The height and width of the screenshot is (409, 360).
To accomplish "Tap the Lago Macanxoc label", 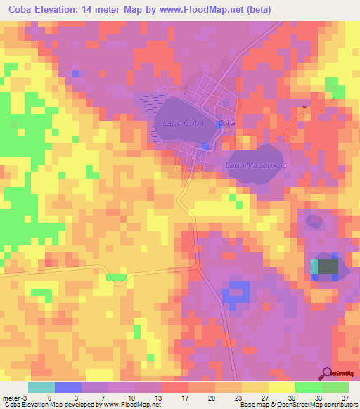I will (253, 164).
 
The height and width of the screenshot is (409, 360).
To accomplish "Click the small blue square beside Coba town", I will (205, 145).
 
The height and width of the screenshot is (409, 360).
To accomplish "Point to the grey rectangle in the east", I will (328, 267).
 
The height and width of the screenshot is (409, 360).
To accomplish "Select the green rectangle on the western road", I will (117, 278).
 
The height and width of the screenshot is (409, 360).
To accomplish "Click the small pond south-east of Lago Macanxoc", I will (314, 221).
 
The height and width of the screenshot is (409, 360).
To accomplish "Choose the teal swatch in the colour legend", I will (41, 387).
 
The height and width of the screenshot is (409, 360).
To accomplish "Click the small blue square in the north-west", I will (75, 74).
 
